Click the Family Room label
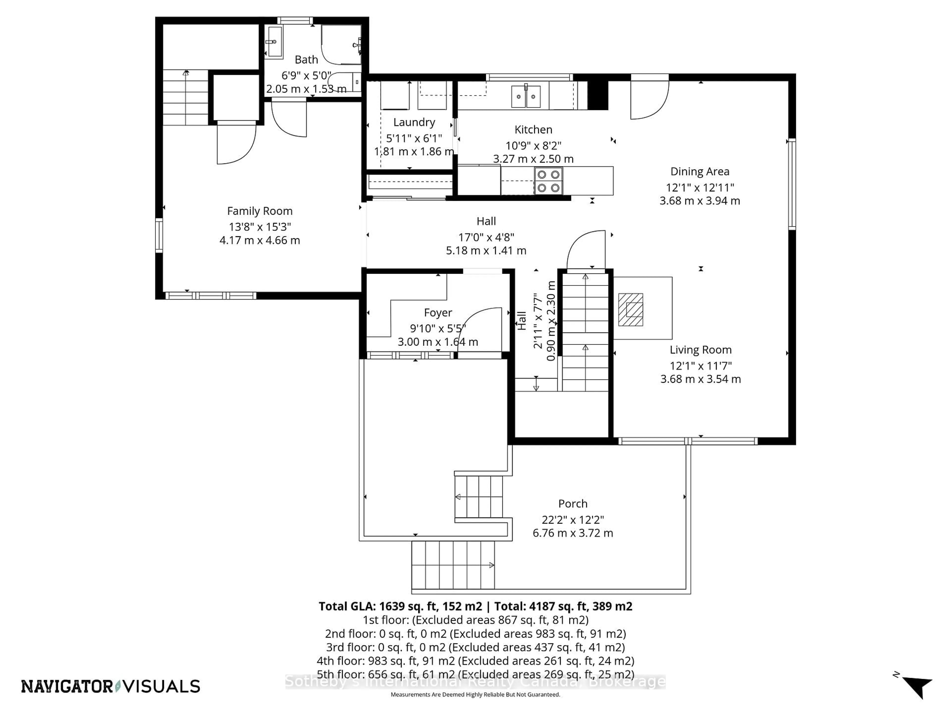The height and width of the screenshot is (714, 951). point(260,211)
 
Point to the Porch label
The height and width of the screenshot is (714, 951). point(573,504)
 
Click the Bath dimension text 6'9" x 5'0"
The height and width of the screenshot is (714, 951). point(306,75)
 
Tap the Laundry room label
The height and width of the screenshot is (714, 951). point(414,122)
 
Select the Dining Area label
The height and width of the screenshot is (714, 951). point(699,171)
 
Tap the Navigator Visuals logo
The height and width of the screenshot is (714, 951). point(110,686)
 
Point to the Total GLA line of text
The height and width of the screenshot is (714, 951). point(475,606)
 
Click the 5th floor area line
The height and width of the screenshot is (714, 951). point(475,674)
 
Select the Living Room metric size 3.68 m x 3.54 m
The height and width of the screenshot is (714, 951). point(700,379)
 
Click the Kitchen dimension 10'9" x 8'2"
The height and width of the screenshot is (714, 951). point(533,146)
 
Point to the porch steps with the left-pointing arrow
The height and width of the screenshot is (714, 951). point(478,497)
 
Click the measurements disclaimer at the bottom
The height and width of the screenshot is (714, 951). point(475,694)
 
